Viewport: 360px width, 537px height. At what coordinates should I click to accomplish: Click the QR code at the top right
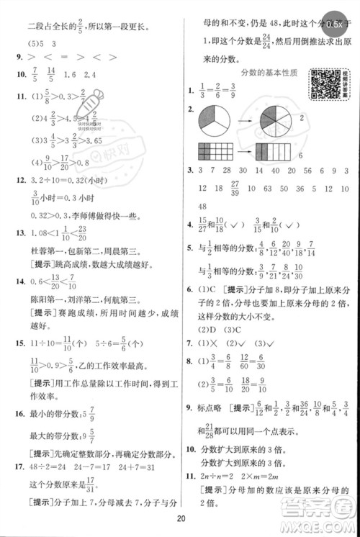pyautogui.click(x=322, y=84)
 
